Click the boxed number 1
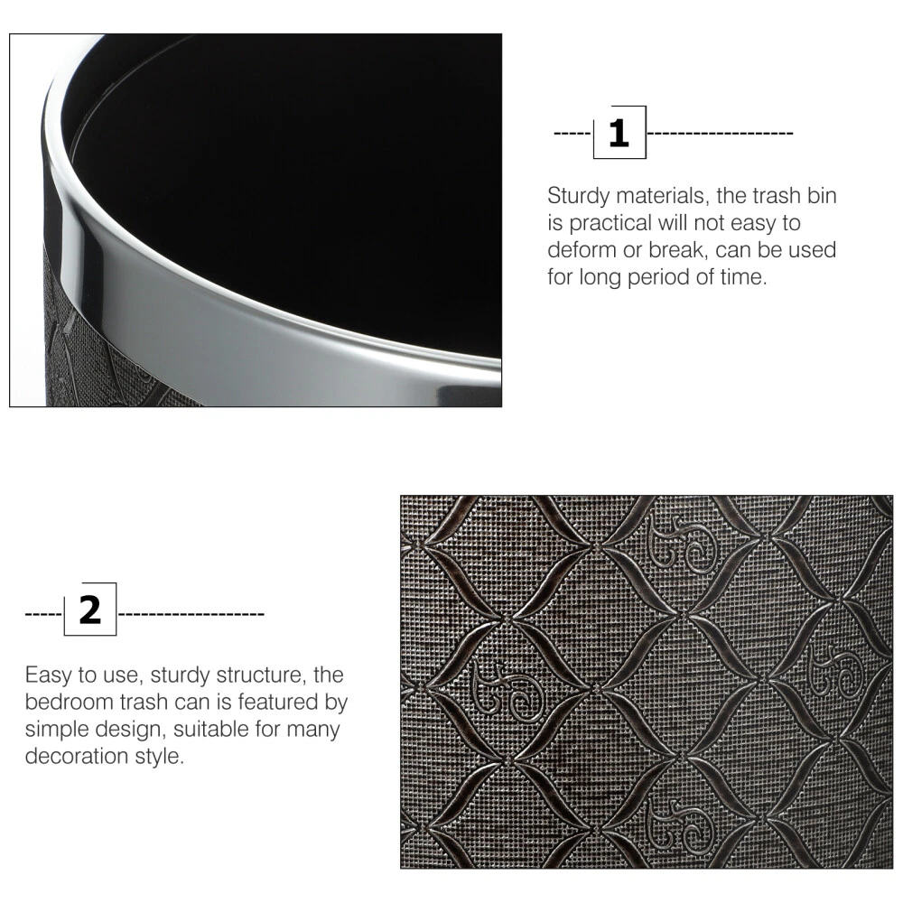(619, 133)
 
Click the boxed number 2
(89, 610)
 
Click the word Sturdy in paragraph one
(578, 196)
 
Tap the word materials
(663, 196)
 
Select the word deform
(582, 250)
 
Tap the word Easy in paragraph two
(49, 675)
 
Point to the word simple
(57, 730)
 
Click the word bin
(822, 196)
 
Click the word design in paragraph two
(131, 730)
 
